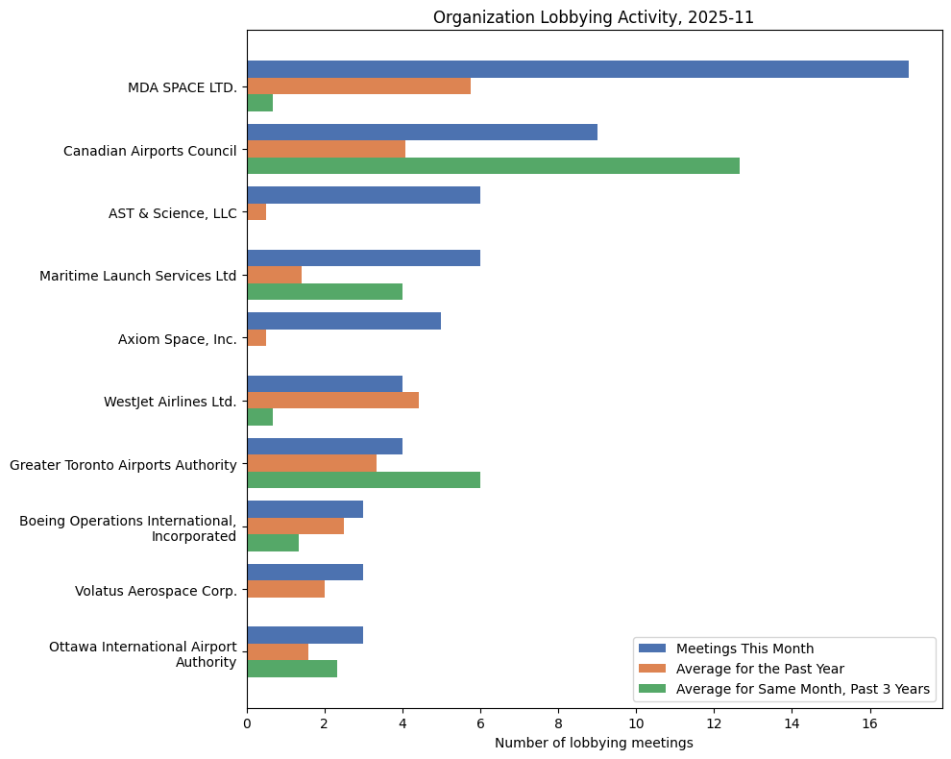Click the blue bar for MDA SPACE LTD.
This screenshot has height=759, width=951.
pyautogui.click(x=576, y=69)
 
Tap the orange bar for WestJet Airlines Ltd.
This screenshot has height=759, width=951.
pyautogui.click(x=332, y=401)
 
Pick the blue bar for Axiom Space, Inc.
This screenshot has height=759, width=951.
pyautogui.click(x=344, y=321)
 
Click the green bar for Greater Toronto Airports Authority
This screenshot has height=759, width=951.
pyautogui.click(x=363, y=479)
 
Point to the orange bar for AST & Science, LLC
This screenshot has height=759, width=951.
pyautogui.click(x=256, y=212)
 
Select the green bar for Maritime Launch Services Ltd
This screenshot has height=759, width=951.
pyautogui.click(x=325, y=291)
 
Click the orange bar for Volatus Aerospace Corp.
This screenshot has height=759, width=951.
pyautogui.click(x=285, y=589)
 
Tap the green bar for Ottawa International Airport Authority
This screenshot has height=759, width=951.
pyautogui.click(x=292, y=669)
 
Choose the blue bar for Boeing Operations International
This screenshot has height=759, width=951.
pyautogui.click(x=305, y=509)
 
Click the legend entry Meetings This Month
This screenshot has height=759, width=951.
pyautogui.click(x=744, y=648)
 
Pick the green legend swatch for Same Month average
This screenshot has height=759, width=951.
pyautogui.click(x=652, y=688)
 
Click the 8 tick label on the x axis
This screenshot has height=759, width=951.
pyautogui.click(x=558, y=722)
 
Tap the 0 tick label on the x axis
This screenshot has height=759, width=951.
pyautogui.click(x=247, y=722)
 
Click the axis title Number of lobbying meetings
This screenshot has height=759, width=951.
pyautogui.click(x=594, y=743)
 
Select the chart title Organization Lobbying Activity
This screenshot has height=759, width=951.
pyautogui.click(x=594, y=16)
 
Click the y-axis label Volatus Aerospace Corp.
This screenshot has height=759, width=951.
pyautogui.click(x=156, y=591)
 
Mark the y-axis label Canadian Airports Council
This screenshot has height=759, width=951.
pyautogui.click(x=150, y=150)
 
